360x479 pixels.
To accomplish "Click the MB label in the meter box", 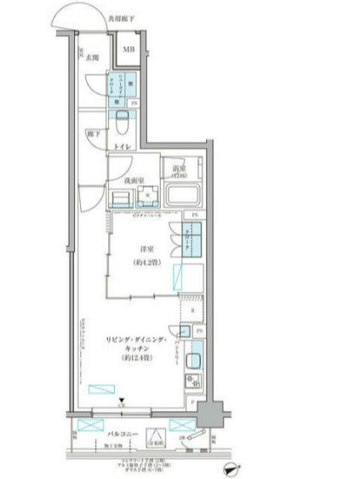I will click(x=129, y=49).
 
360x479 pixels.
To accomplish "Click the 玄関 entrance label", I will click(x=90, y=58).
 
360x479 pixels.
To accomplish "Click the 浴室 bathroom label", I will click(x=179, y=169).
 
